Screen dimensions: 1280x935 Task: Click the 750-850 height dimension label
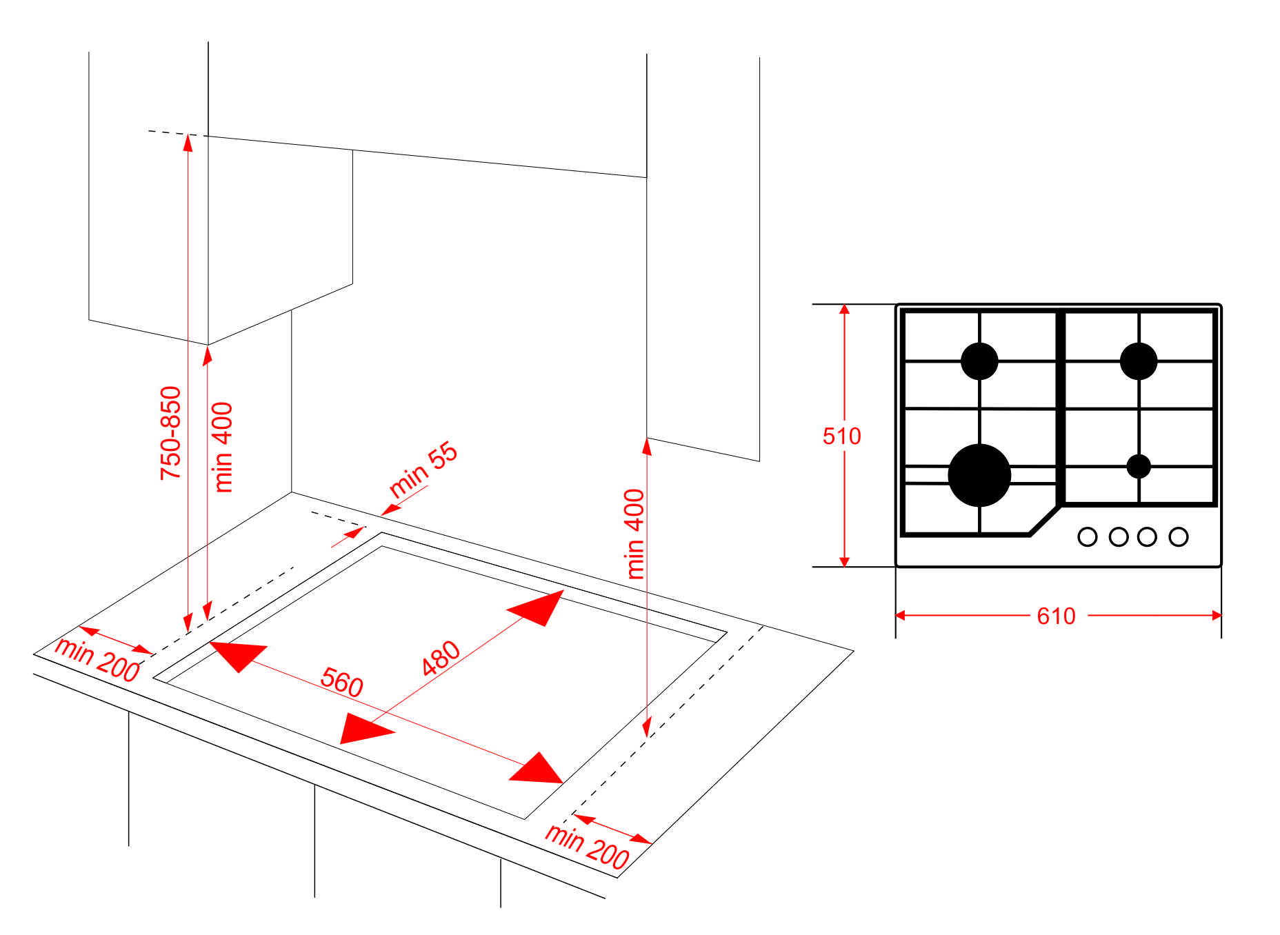170,433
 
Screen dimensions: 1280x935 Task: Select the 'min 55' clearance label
423,469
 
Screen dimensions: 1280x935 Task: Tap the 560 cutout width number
341,682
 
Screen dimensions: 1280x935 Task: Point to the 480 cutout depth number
441,657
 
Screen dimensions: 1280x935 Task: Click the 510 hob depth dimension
841,436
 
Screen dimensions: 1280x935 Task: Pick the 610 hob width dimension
1056,616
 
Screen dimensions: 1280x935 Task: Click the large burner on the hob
979,475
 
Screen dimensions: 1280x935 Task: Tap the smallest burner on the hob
1139,466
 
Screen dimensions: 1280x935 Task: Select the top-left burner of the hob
979,361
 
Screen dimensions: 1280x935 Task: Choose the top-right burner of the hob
1139,361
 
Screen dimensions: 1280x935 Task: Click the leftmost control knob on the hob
1088,536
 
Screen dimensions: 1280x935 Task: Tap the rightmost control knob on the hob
1179,536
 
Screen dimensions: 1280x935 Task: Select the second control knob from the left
1119,536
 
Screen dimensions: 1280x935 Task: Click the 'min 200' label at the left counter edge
97,659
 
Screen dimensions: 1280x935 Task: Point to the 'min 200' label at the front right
587,847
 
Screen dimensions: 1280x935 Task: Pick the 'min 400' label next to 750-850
223,447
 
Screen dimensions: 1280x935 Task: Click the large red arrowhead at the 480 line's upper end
537,607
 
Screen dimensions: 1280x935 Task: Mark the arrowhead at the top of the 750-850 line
188,141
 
